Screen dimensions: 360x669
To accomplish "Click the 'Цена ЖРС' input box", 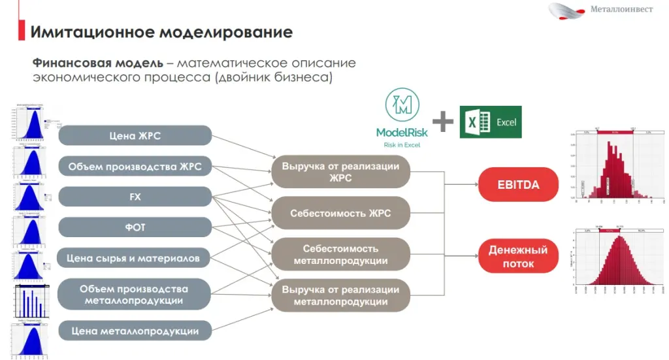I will [x=135, y=136].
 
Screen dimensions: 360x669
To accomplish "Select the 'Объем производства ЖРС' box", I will [x=135, y=167].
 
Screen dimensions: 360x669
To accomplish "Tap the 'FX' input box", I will [x=135, y=197].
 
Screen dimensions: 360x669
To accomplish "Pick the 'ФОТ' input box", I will [x=135, y=227].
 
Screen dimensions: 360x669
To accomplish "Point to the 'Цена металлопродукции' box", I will [x=135, y=331].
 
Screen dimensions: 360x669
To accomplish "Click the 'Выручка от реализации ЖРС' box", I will [x=340, y=172].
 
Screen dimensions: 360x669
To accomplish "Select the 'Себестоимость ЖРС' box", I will [x=340, y=213].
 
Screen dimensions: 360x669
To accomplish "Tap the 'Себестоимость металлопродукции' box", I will [x=340, y=255].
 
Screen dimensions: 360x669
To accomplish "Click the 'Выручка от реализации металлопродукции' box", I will [x=340, y=295].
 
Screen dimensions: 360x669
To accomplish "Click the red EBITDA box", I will [x=518, y=185].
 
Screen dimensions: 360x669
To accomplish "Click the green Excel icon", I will [x=491, y=122].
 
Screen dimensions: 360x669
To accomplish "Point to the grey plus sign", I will [x=443, y=122].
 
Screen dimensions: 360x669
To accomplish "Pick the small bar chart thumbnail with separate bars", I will [x=29, y=304].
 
